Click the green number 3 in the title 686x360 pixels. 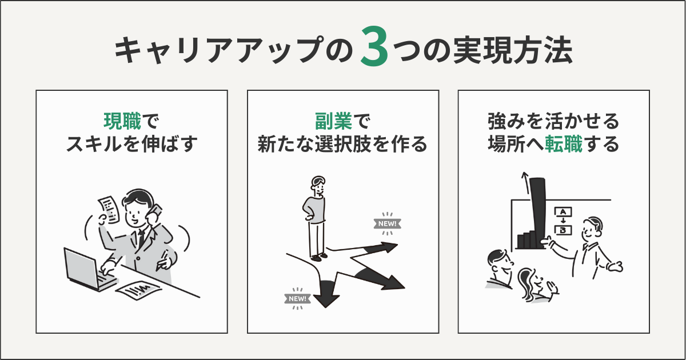point(374,53)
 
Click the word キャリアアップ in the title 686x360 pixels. point(226,53)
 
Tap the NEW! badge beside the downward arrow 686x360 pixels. point(297,298)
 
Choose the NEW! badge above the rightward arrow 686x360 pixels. point(386,223)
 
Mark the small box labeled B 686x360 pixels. point(563,230)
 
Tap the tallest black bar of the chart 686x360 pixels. point(538,211)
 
